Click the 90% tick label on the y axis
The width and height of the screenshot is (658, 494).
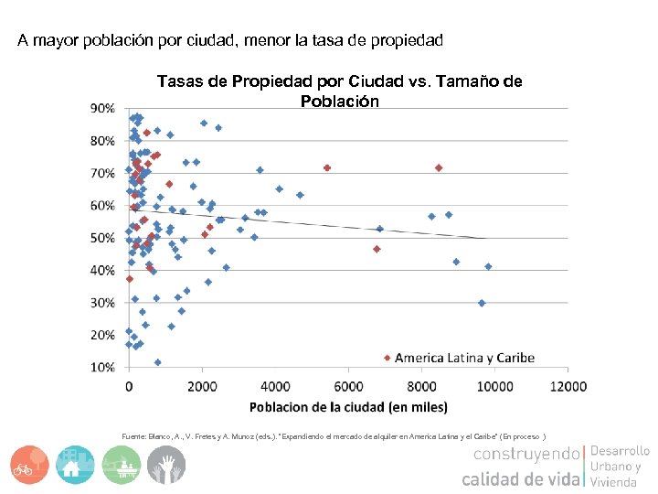[x=101, y=108]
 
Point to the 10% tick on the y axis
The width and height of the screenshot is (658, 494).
[x=101, y=367]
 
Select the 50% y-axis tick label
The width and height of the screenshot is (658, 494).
[x=101, y=238]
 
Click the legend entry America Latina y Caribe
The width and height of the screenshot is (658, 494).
[x=464, y=358]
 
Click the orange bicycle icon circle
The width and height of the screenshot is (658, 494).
[x=29, y=465]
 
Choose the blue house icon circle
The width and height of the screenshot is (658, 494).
[x=76, y=465]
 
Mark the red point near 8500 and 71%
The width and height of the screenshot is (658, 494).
[x=439, y=167]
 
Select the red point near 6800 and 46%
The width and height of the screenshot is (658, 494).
[x=377, y=249]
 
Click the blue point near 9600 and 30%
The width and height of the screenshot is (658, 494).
[x=482, y=303]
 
